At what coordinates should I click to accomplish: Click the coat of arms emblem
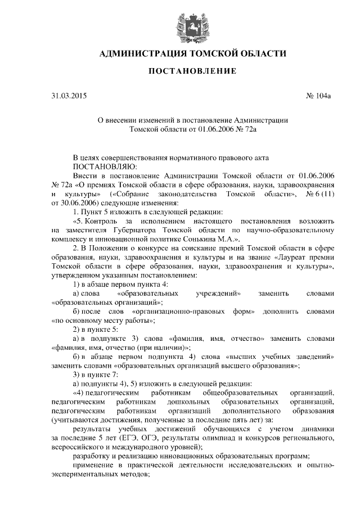(180, 22)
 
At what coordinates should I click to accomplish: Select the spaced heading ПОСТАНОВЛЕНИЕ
(180, 72)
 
